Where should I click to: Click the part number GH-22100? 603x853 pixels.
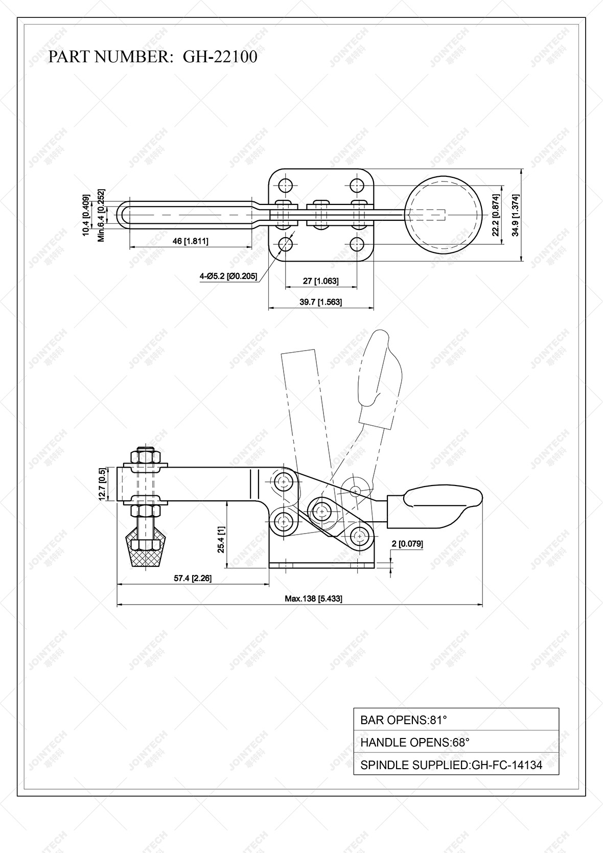[x=220, y=57]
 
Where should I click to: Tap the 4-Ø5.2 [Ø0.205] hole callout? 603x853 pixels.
[x=228, y=276]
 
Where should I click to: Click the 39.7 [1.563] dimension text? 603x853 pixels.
[x=321, y=302]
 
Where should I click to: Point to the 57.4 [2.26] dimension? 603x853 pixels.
[x=193, y=578]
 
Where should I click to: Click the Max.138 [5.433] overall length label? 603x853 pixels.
[x=313, y=598]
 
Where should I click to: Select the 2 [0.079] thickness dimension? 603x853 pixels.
[x=407, y=544]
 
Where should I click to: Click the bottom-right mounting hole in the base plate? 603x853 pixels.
[x=357, y=243]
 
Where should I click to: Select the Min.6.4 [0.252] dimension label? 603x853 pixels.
[x=102, y=223]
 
